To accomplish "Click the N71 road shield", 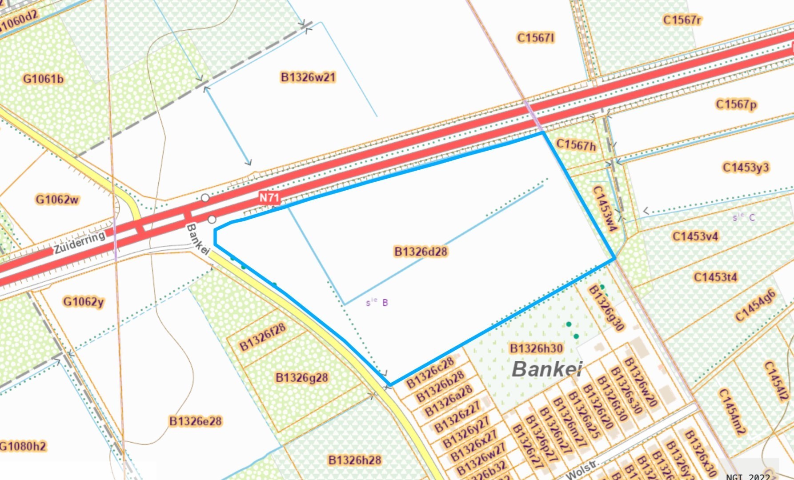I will [269, 198].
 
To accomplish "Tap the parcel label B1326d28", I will [421, 252].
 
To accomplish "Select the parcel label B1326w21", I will [308, 77].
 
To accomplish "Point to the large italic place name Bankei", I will [547, 369].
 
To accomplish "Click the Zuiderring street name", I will [80, 243].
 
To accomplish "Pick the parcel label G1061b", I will [43, 79].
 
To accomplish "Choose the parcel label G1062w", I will [57, 200].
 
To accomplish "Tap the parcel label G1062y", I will [83, 302].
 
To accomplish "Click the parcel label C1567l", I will [536, 38].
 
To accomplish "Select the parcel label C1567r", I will [682, 20].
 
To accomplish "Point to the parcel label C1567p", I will [736, 104].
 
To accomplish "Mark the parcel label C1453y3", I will [746, 168].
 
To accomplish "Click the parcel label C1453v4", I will [695, 236].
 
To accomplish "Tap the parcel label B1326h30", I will [536, 348].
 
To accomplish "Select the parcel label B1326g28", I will [301, 378].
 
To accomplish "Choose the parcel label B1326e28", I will [195, 421].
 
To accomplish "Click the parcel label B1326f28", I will [262, 337].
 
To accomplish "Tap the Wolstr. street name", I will [582, 470].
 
